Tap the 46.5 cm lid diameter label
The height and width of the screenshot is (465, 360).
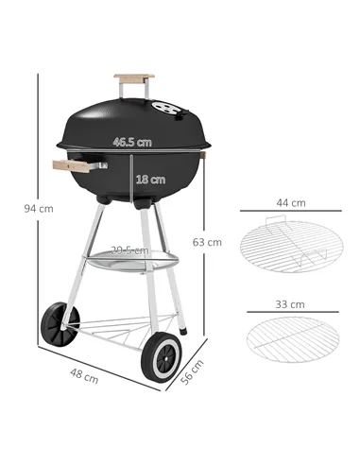pyautogui.click(x=132, y=143)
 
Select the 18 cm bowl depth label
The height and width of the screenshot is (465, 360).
pyautogui.click(x=150, y=179)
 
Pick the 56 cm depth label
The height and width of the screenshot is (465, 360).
pyautogui.click(x=192, y=375)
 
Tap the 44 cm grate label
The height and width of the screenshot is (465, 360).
pyautogui.click(x=290, y=202)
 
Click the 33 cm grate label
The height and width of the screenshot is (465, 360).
pyautogui.click(x=290, y=305)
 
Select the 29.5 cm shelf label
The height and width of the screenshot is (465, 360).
pyautogui.click(x=130, y=250)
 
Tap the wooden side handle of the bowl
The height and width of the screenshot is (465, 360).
pyautogui.click(x=73, y=166)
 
